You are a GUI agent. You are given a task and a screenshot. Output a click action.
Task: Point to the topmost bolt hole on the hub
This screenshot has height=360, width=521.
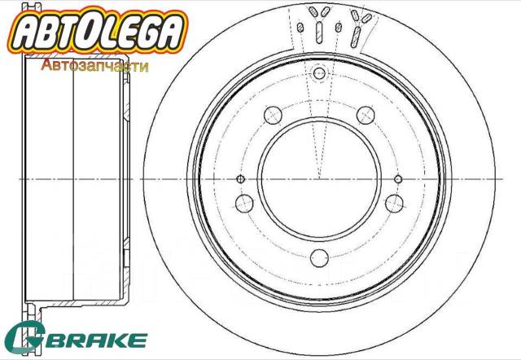tap(318, 75)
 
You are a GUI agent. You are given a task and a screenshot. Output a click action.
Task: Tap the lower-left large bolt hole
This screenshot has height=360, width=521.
tap(243, 203)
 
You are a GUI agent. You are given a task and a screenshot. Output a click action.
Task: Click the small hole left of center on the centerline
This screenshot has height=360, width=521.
tap(239, 179)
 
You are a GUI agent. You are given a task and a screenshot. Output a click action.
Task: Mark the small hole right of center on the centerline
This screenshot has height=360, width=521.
tap(398, 179)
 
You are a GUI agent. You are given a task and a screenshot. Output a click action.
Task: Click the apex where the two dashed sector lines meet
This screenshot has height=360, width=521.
tap(318, 178)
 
